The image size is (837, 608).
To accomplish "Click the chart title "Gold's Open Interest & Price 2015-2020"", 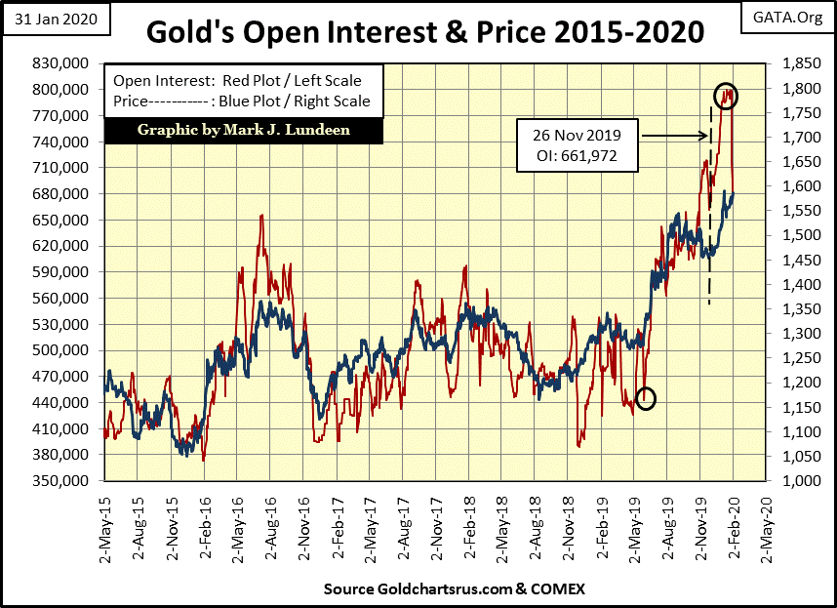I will click(x=425, y=32).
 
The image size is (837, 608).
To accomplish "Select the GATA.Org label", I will click(x=792, y=18).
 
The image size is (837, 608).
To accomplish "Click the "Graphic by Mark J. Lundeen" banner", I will click(x=243, y=129).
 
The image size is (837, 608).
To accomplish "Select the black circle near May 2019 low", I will click(x=646, y=397).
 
